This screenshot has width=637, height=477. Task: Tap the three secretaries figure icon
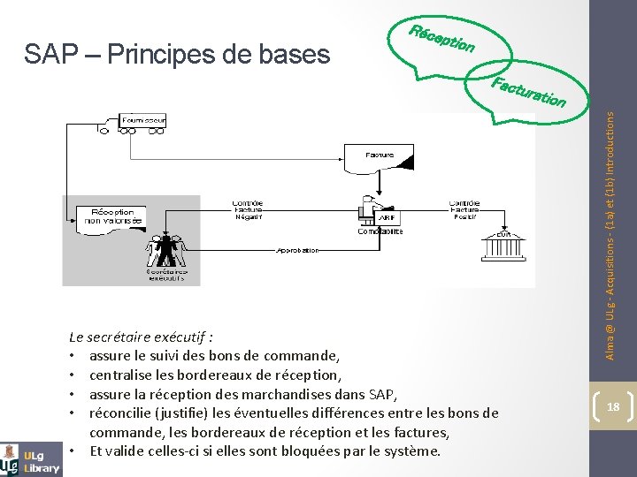[165, 251]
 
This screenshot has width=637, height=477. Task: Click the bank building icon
[503, 244]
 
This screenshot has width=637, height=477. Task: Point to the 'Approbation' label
[297, 250]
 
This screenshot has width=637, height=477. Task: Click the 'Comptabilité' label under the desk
[380, 231]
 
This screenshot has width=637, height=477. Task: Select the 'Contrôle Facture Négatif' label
[248, 209]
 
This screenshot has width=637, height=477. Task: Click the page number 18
[612, 406]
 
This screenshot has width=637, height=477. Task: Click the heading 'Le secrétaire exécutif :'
[142, 337]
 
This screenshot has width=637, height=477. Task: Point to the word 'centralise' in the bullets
[120, 375]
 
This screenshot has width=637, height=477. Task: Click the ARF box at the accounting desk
[387, 217]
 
